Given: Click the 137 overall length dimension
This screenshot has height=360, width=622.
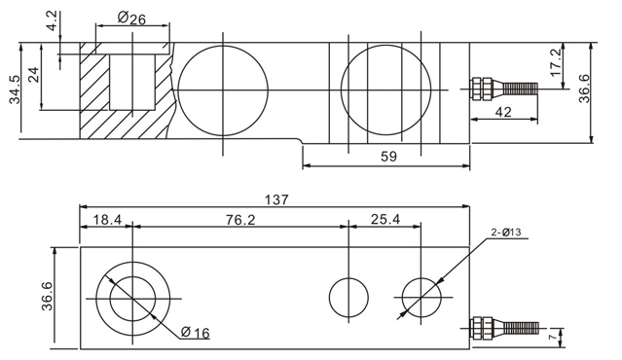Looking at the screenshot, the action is pyautogui.click(x=276, y=199).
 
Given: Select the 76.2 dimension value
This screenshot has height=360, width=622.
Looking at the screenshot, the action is pyautogui.click(x=240, y=220).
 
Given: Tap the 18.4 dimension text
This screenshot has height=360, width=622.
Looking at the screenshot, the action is pyautogui.click(x=107, y=219).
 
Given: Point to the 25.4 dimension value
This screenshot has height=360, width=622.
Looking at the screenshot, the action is pyautogui.click(x=385, y=219).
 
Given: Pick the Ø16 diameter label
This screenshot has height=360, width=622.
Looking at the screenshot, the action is pyautogui.click(x=195, y=332).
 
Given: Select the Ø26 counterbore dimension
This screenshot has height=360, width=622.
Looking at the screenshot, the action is pyautogui.click(x=132, y=18).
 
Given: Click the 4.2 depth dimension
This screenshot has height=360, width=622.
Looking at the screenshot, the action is pyautogui.click(x=54, y=21).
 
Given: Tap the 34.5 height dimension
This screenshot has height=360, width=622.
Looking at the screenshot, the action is pyautogui.click(x=15, y=89).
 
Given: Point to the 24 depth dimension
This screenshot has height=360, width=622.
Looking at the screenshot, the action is pyautogui.click(x=35, y=75).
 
